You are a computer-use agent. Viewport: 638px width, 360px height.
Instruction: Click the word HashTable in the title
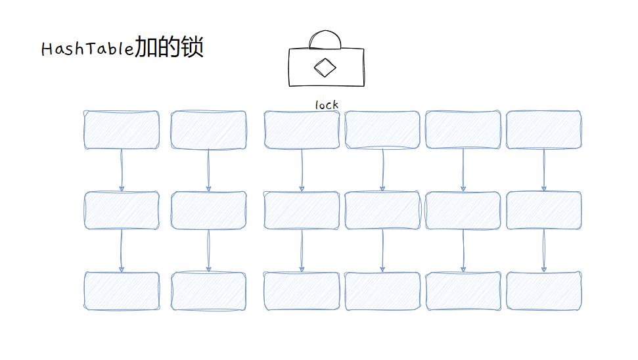[87, 49]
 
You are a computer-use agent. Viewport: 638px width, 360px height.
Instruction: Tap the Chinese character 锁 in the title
[192, 47]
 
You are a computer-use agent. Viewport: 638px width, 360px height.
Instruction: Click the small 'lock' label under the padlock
[327, 104]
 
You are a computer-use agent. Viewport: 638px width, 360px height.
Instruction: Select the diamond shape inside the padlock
[324, 67]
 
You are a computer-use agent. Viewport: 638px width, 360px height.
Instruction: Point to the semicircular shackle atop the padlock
[325, 40]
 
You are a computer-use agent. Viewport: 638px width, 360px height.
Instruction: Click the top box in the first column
[122, 129]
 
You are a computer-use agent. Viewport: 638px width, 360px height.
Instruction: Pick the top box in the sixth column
[543, 129]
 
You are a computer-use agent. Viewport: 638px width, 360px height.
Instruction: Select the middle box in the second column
[208, 210]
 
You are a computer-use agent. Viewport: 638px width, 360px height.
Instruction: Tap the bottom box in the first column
[122, 291]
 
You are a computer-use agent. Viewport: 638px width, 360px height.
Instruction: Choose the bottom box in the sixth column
[543, 291]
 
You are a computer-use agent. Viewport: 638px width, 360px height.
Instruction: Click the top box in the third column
[302, 129]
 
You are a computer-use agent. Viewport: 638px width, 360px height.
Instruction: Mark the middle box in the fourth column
[382, 210]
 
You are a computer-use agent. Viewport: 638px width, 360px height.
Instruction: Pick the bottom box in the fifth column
[463, 291]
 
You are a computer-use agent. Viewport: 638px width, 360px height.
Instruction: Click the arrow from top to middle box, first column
[122, 170]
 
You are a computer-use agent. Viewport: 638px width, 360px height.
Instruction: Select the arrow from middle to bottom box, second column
[208, 251]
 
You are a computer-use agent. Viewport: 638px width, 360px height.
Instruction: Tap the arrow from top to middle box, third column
[302, 170]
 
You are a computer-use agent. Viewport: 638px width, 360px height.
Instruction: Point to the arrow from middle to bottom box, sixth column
[543, 251]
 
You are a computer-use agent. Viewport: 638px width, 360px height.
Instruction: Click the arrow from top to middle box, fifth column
[463, 170]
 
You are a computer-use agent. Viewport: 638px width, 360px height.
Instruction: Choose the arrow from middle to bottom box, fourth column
[382, 251]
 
